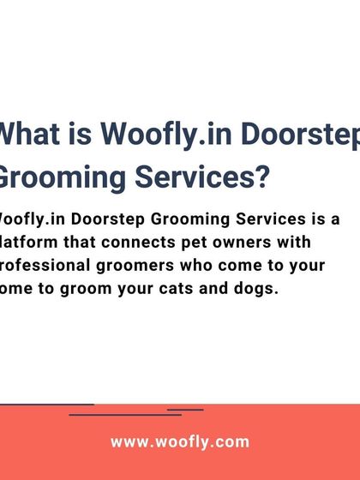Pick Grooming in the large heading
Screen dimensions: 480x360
click(x=55, y=178)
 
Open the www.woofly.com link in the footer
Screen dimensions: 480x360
click(x=180, y=442)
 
